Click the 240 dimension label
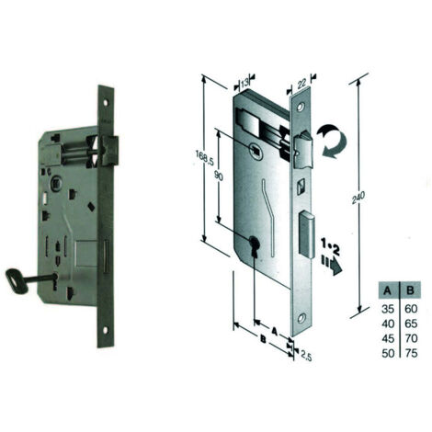[x=358, y=198]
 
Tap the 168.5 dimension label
[x=203, y=158]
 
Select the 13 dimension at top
[x=244, y=83]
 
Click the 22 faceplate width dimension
[x=301, y=83]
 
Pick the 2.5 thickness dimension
[x=306, y=356]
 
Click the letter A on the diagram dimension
[x=275, y=330]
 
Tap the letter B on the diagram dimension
[x=263, y=339]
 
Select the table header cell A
[x=388, y=290]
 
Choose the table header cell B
[x=411, y=290]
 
